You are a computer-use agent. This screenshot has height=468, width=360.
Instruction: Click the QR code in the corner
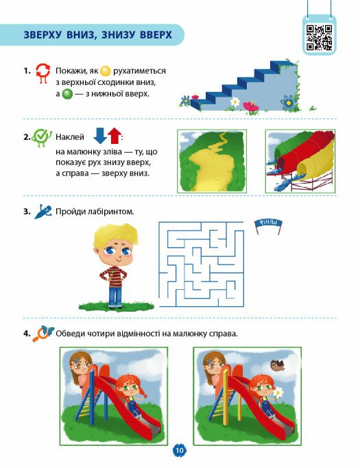[319, 37]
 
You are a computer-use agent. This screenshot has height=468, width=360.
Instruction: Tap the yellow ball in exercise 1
[105, 71]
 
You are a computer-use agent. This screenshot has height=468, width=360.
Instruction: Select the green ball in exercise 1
[67, 95]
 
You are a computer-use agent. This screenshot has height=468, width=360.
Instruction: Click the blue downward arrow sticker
[100, 136]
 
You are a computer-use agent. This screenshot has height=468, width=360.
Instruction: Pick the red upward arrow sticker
[115, 136]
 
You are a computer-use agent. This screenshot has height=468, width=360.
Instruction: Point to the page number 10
[180, 450]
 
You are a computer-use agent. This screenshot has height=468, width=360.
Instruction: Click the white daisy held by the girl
[278, 392]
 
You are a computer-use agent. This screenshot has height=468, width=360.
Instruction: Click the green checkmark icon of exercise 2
[42, 138]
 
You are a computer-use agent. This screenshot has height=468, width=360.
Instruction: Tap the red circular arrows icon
[43, 73]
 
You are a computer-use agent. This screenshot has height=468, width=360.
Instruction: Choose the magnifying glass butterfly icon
[43, 334]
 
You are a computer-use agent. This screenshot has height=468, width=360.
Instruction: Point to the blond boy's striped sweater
[113, 276]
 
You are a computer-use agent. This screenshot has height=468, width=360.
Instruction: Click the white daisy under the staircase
[235, 102]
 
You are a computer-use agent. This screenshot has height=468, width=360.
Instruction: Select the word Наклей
[70, 137]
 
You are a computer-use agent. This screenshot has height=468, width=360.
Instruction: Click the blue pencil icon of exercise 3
[43, 211]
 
